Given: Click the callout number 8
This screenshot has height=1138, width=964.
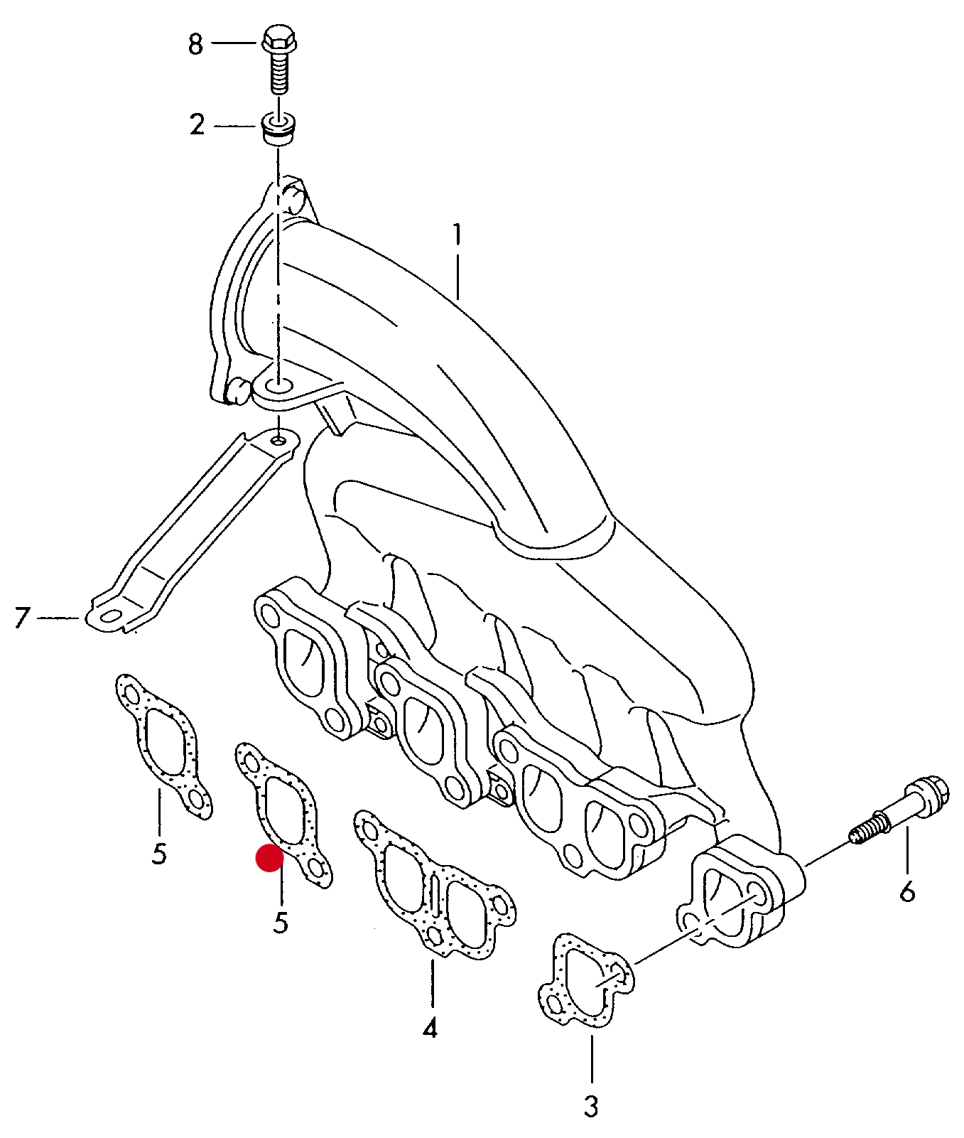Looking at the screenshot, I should pos(195,44).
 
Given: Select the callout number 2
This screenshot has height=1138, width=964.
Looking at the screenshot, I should pos(197,125).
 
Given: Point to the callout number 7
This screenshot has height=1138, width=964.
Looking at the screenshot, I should pos(22,617).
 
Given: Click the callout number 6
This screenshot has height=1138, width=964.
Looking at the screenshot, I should pos(907,891).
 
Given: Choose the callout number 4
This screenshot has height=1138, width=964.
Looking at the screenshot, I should pos(430,1028).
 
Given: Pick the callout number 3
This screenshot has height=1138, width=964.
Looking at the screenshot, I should pos(591,1106).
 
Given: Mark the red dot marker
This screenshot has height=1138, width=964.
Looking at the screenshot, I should pos(270,859).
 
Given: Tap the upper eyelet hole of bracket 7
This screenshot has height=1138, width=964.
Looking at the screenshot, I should pos(278,441).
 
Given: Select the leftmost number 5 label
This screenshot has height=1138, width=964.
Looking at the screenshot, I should pos(159,853).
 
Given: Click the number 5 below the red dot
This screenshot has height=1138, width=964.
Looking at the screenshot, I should pos(281,923).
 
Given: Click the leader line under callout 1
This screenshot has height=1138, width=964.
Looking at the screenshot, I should pos(457,274).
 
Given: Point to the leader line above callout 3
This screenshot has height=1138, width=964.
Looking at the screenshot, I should pos(591,1059).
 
